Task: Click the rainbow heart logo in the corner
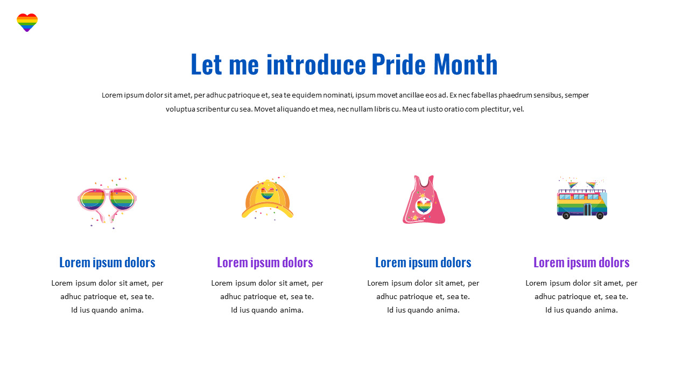click(x=27, y=22)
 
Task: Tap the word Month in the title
click(x=466, y=65)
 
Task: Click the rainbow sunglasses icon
click(x=107, y=203)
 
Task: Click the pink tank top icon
click(x=424, y=200)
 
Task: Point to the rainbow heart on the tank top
click(x=424, y=205)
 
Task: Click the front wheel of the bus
click(x=600, y=216)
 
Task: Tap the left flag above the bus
click(x=572, y=184)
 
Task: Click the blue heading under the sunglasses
click(x=107, y=262)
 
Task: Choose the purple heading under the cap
click(x=265, y=262)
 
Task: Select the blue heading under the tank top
click(x=423, y=262)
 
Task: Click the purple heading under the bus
click(x=581, y=262)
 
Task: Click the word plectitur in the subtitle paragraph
click(x=494, y=109)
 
